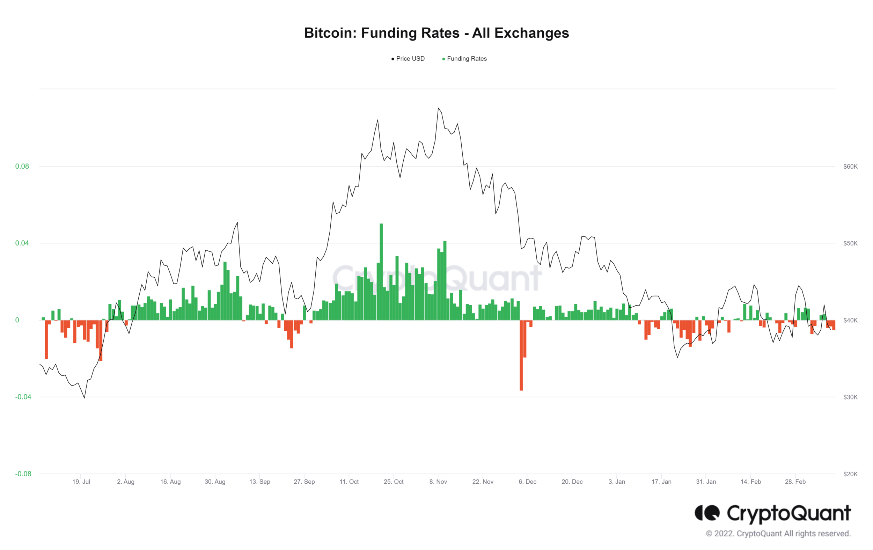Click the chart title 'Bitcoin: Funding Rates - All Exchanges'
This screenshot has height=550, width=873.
point(436,33)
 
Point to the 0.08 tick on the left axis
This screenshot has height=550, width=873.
point(22,167)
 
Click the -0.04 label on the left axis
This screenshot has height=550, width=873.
point(23,397)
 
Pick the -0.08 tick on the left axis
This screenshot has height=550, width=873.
point(23,474)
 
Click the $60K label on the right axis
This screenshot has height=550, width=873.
point(850,167)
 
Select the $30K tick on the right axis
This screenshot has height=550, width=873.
point(850,397)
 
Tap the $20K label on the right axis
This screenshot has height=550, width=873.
point(850,474)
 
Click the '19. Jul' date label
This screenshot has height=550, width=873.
point(81,482)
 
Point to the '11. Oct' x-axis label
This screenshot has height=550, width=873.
point(349,482)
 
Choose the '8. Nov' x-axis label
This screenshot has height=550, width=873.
point(438,482)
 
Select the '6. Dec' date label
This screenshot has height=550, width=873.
point(527,482)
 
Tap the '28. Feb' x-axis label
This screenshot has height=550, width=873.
point(795,482)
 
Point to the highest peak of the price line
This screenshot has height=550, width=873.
point(438,108)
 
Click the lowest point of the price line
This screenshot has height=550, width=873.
point(85,398)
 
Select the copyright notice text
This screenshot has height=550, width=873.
point(778,534)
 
